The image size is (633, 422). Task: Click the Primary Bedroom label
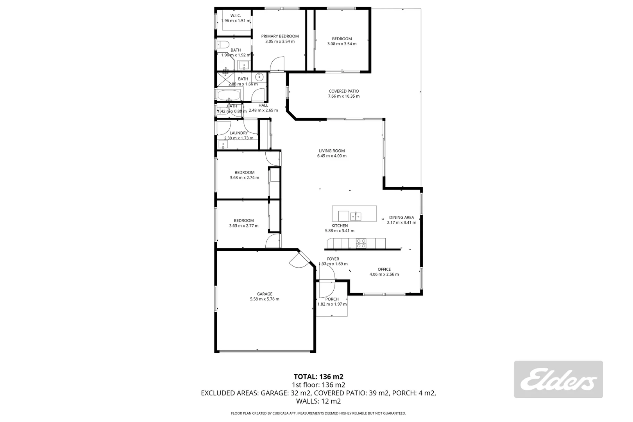(x=280, y=36)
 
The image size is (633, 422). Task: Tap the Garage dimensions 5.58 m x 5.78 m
(x=265, y=299)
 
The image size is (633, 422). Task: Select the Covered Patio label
(x=344, y=91)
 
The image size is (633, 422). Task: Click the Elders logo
(x=558, y=379)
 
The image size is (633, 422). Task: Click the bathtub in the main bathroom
(x=229, y=95)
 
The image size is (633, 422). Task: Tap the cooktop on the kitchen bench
(x=361, y=243)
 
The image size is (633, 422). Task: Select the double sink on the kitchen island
(x=356, y=216)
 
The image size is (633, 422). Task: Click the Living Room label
(x=332, y=151)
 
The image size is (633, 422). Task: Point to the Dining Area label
(x=401, y=218)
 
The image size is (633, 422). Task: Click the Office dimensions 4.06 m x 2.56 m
(x=384, y=274)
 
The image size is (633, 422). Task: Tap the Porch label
(x=332, y=299)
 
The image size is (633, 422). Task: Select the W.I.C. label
(x=236, y=16)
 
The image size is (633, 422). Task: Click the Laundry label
(x=239, y=133)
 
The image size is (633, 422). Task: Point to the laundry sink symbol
(x=223, y=145)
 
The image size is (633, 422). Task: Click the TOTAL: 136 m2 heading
(x=318, y=377)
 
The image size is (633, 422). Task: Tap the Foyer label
(x=333, y=259)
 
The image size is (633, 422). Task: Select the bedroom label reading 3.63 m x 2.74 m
(x=245, y=172)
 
